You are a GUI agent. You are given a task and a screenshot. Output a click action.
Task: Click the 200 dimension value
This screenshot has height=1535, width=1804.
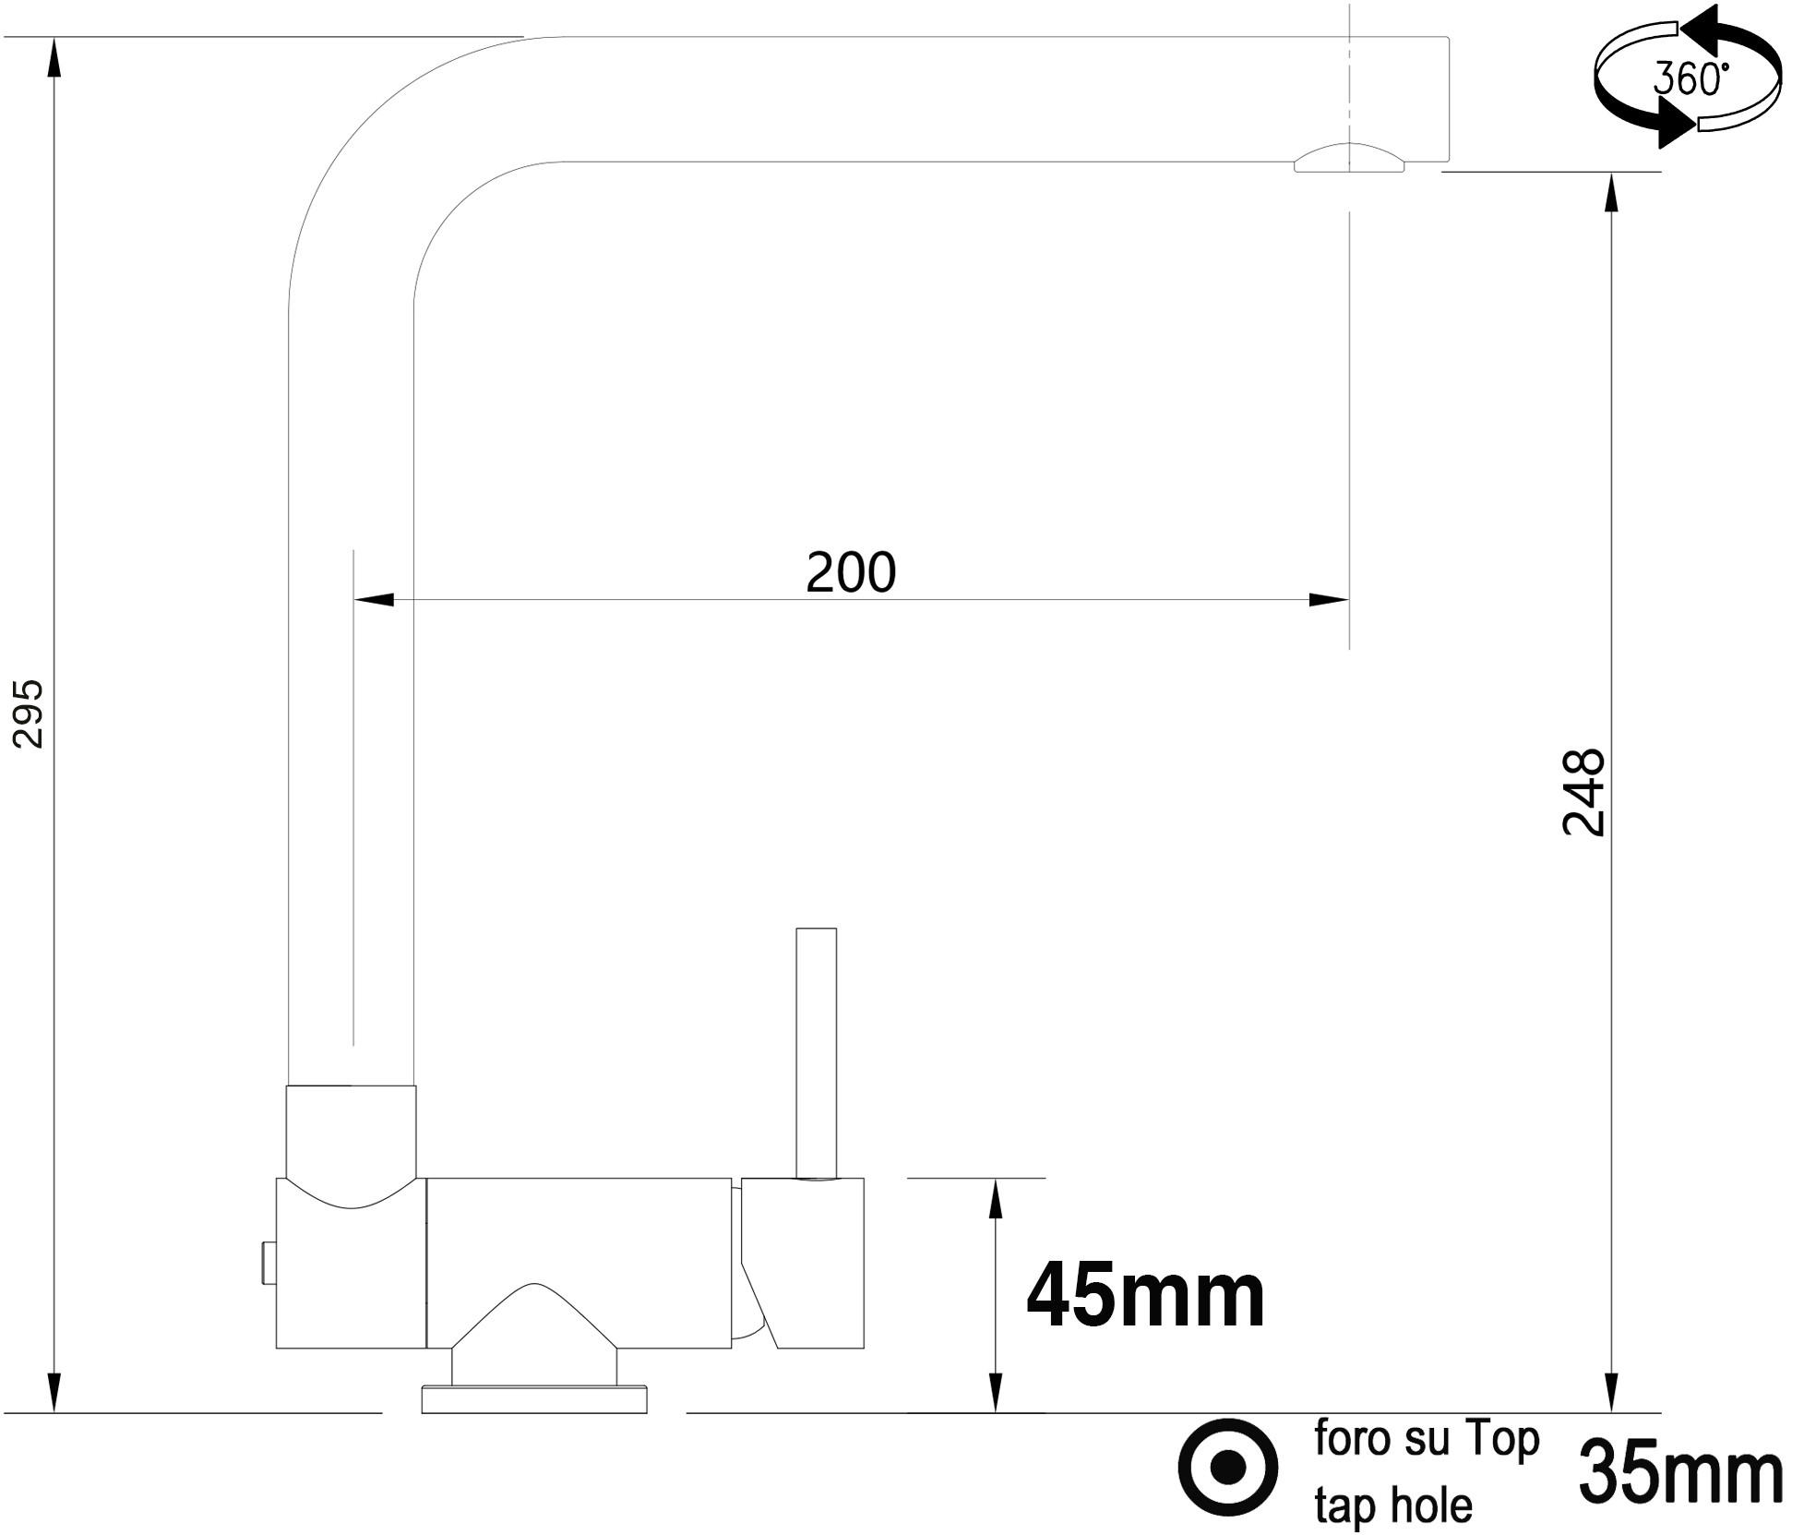click(x=850, y=574)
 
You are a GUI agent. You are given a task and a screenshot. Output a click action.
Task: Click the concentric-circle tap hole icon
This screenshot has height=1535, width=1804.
click(x=1228, y=1467)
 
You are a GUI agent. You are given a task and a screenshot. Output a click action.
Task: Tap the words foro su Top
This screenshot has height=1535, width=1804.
click(x=1427, y=1439)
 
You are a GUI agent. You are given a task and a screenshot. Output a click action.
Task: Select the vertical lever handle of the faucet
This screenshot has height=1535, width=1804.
click(x=816, y=1052)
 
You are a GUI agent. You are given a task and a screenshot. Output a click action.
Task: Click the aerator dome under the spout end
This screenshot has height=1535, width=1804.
click(x=1349, y=160)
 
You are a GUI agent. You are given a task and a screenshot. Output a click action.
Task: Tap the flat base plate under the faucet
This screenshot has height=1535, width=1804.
click(x=533, y=1398)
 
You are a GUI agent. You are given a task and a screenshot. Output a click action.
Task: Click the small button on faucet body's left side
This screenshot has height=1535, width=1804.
click(x=268, y=1263)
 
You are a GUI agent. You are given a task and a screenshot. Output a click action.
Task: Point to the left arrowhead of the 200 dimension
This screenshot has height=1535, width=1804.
click(x=374, y=600)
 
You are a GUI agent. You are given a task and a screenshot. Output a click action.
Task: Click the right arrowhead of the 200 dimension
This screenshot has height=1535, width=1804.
click(x=1329, y=600)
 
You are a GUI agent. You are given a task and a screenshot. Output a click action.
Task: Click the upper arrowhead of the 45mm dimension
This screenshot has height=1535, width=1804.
click(x=995, y=1199)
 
